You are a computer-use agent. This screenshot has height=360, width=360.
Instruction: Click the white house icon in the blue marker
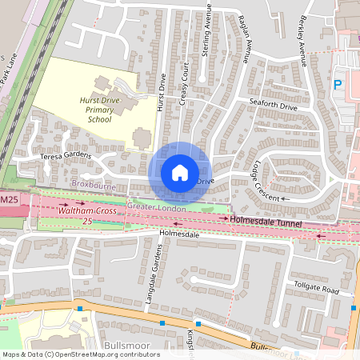click(179, 172)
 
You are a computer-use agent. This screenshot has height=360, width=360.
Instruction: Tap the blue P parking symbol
click(338, 83)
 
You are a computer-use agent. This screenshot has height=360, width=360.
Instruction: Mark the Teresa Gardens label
click(66, 157)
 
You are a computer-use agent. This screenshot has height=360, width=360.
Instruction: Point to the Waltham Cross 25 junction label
click(88, 214)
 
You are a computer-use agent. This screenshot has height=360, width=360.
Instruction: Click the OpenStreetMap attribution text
click(80, 354)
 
